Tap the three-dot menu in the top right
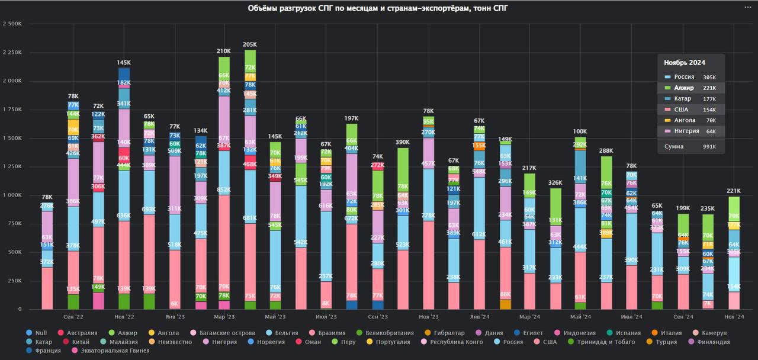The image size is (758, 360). (x=748, y=7)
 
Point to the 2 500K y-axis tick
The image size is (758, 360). (x=12, y=24)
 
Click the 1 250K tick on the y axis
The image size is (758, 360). (x=12, y=166)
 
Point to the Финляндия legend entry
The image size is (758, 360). (x=717, y=342)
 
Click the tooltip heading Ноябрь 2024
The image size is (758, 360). (x=684, y=62)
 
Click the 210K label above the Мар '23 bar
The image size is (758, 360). (x=224, y=51)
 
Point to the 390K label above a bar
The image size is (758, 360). (x=403, y=142)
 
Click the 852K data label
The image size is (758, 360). (x=224, y=190)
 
